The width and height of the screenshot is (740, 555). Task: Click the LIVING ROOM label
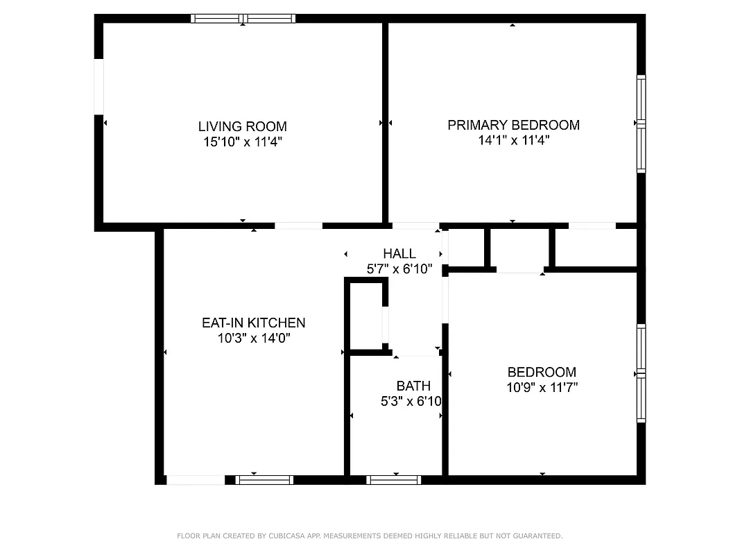click(x=242, y=126)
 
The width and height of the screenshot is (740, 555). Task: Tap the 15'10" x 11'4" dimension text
click(x=242, y=142)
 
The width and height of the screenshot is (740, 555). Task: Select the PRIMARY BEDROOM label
click(x=513, y=125)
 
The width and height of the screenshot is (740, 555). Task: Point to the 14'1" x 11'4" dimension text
click(x=513, y=140)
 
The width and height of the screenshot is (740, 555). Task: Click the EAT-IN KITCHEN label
click(x=253, y=323)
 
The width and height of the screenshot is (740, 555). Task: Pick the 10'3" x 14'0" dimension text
click(x=253, y=339)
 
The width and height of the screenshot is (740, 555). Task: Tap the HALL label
click(x=399, y=254)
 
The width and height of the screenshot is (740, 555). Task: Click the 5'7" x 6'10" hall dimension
click(x=399, y=269)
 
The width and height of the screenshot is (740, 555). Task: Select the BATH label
click(x=413, y=386)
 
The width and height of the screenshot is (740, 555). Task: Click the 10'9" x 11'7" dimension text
click(x=542, y=388)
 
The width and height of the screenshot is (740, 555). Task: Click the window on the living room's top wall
click(x=243, y=19)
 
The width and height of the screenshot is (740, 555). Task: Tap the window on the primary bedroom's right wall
click(x=641, y=123)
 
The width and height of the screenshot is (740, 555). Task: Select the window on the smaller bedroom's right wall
click(x=641, y=373)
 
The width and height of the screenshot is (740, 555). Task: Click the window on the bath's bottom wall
click(x=393, y=479)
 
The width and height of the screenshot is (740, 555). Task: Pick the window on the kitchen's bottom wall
click(x=264, y=479)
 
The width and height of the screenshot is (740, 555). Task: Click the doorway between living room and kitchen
click(x=298, y=225)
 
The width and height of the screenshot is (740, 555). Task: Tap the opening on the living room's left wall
click(x=98, y=86)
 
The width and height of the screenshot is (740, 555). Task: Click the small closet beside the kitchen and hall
click(x=365, y=316)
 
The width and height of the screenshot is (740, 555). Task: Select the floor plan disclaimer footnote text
click(x=370, y=536)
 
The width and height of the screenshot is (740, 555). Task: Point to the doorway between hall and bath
click(x=415, y=354)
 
